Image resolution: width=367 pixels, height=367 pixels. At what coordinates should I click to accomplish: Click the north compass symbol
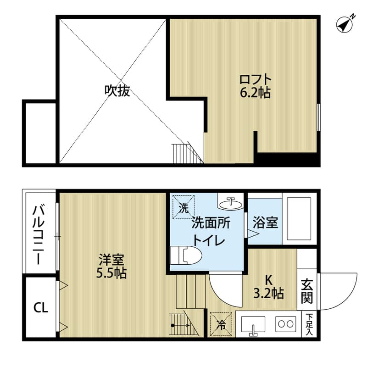pyautogui.click(x=345, y=25)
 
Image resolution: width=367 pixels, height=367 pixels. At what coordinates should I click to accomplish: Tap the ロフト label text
pyautogui.click(x=255, y=80)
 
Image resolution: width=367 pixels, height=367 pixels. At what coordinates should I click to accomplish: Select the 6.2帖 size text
pyautogui.click(x=255, y=93)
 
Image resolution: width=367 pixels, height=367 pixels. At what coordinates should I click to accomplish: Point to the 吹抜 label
pyautogui.click(x=117, y=90)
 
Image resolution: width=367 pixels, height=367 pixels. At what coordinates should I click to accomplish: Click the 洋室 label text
pyautogui.click(x=111, y=260)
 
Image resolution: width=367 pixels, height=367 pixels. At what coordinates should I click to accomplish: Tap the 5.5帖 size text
pyautogui.click(x=111, y=273)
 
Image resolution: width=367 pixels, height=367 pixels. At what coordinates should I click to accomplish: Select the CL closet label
pyautogui.click(x=41, y=307)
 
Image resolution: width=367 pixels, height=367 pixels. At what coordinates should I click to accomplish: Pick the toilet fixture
pyautogui.click(x=186, y=255)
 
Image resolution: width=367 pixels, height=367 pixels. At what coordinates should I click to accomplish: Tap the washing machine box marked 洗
pyautogui.click(x=183, y=207)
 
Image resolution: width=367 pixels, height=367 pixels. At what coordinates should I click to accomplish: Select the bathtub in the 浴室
pyautogui.click(x=299, y=219)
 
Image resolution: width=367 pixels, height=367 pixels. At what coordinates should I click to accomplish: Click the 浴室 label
pyautogui.click(x=266, y=222)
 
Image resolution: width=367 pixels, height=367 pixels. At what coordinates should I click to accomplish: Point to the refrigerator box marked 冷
pyautogui.click(x=221, y=324)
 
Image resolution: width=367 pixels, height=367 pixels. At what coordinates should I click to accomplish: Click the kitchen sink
pyautogui.click(x=253, y=325)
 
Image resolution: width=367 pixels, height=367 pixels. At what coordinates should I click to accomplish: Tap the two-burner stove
pyautogui.click(x=286, y=324)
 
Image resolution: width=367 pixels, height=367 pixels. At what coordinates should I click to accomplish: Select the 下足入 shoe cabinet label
pyautogui.click(x=309, y=324)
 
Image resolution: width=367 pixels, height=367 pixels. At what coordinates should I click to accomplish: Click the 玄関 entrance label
pyautogui.click(x=307, y=291)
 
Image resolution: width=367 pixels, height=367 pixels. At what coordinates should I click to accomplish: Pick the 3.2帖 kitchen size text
pyautogui.click(x=269, y=293)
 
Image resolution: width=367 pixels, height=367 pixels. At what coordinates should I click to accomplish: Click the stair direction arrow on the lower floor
pyautogui.click(x=181, y=325)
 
